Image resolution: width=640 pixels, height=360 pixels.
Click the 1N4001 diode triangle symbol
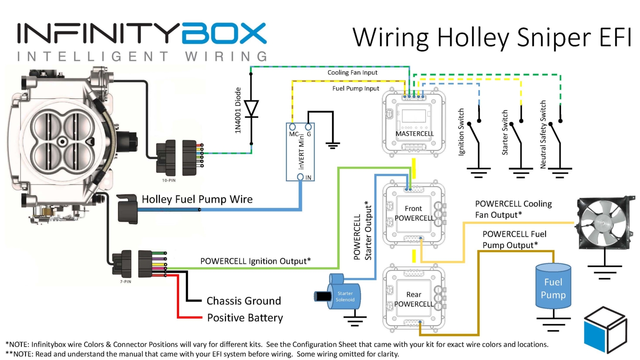tap(251, 109)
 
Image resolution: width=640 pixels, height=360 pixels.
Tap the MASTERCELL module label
tap(414, 134)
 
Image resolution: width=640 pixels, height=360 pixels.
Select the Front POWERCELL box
tap(414, 213)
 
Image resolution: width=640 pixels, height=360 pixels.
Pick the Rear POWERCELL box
tap(414, 299)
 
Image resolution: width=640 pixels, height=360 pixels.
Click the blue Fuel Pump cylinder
tap(553, 286)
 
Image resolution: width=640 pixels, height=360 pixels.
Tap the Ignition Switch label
tap(461, 132)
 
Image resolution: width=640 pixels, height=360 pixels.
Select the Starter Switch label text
tap(505, 132)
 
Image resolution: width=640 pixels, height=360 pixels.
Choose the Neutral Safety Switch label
tap(543, 135)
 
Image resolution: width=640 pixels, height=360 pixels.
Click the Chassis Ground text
tap(244, 301)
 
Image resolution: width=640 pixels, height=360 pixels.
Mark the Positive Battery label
tap(245, 318)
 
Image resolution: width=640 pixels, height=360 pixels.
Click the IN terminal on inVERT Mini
tap(300, 177)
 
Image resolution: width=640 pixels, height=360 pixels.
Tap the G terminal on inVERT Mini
tap(308, 127)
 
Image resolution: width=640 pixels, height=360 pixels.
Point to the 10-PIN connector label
tap(169, 180)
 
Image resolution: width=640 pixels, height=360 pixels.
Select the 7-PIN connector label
tap(125, 282)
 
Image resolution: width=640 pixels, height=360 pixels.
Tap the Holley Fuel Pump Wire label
tap(197, 199)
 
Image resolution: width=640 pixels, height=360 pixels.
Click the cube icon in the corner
tap(605, 329)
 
